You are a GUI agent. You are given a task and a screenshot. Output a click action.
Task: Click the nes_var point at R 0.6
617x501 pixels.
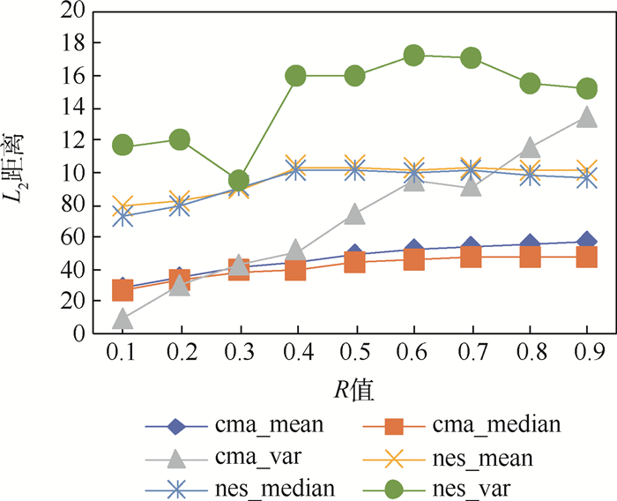coord(413,56)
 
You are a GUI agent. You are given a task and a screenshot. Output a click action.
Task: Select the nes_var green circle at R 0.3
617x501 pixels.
coord(238,181)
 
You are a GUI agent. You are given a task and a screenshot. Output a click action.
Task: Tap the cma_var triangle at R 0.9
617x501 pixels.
coord(588,116)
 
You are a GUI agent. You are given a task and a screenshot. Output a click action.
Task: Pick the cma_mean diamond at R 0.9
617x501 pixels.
coord(588,241)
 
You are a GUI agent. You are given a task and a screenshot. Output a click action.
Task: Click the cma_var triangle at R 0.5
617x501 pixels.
coord(354,213)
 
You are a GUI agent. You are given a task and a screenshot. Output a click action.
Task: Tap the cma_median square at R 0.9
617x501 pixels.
coord(588,257)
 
